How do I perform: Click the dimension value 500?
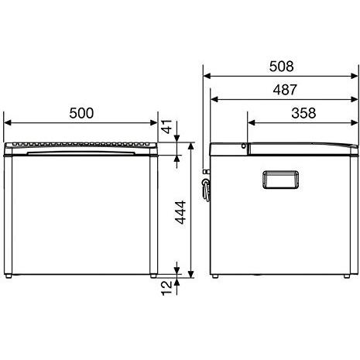81,113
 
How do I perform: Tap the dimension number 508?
281,67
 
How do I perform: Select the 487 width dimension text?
285,90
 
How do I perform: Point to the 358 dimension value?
303,113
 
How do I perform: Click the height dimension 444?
180,212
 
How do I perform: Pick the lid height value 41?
167,126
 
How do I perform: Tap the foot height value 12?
166,288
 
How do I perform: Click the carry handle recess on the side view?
281,180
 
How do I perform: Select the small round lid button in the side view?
244,146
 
